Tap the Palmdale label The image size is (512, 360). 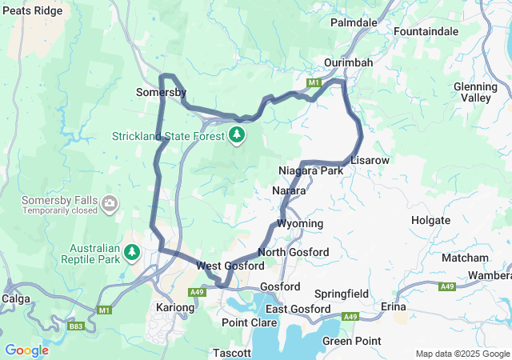353,22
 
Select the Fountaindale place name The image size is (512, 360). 426,31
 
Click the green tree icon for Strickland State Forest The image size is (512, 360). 237,135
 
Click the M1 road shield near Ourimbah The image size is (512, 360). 314,82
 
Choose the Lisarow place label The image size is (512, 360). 370,161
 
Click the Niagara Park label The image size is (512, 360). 310,171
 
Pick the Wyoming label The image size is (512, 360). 300,223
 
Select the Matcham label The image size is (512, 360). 464,258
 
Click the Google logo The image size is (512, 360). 26,350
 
